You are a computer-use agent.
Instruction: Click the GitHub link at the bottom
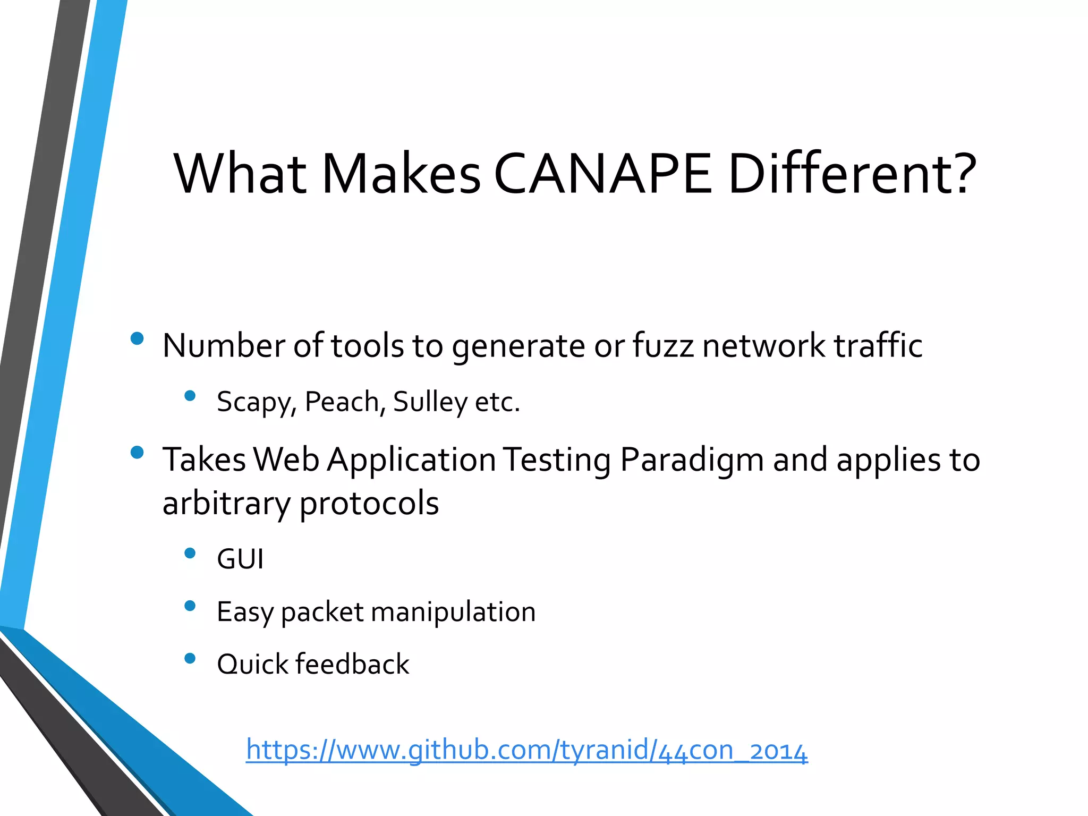[526, 750]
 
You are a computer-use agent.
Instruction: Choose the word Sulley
[430, 402]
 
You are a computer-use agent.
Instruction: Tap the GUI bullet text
[240, 559]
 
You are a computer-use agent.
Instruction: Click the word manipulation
[453, 612]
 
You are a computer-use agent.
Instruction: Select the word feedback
[353, 664]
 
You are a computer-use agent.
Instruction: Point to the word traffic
[878, 346]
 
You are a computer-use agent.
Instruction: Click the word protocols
[369, 504]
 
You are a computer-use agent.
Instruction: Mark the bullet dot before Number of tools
[137, 338]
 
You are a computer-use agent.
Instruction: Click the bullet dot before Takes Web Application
[137, 452]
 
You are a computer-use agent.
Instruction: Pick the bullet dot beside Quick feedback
[190, 659]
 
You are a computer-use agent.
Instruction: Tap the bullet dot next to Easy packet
[190, 606]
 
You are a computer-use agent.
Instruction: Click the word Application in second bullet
[411, 460]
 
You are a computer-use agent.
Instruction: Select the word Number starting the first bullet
[224, 346]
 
